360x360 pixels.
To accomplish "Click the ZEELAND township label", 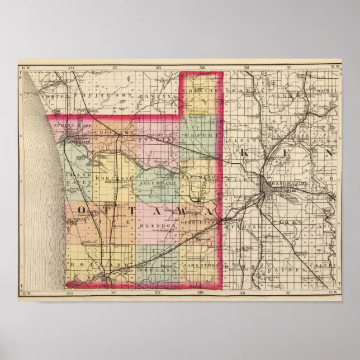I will (x=158, y=269).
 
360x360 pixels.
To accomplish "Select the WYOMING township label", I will (x=244, y=227).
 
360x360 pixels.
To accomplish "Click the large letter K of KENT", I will (x=244, y=153).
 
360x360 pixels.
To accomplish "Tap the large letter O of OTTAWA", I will (x=80, y=210).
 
